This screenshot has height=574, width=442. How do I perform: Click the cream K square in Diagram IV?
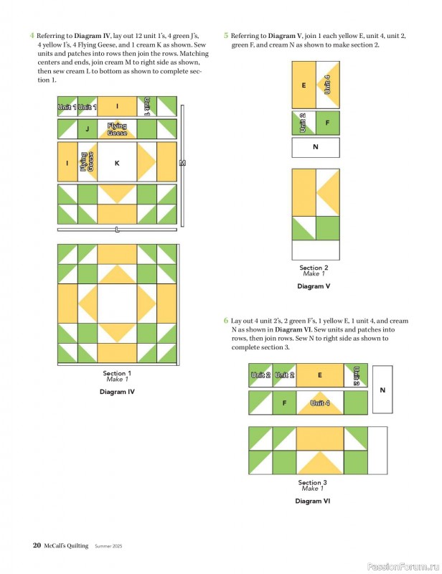pos(117,161)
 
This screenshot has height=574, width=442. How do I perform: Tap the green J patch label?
pos(87,129)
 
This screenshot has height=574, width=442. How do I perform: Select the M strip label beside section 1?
pos(182,163)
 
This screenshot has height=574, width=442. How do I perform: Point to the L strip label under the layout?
pos(117,230)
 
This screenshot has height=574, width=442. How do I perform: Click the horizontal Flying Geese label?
pos(117,129)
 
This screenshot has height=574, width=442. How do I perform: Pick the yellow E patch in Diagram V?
pos(304,85)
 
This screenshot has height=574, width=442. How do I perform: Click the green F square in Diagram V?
pos(328,123)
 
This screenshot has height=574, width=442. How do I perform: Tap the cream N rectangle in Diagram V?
pos(316,147)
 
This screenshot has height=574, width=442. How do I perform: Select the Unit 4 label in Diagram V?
pos(327,85)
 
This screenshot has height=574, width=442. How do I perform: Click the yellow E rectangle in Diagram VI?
pos(320,375)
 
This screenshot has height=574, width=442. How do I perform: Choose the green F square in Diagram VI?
pos(284,403)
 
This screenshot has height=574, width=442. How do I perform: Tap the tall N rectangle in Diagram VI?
pos(382,390)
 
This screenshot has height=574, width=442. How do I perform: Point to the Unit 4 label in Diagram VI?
pos(320,403)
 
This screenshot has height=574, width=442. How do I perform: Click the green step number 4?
pos(32,35)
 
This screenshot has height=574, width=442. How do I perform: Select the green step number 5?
pos(226,35)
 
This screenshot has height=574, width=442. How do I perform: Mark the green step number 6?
pos(226,320)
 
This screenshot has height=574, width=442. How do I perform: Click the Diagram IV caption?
pos(117,392)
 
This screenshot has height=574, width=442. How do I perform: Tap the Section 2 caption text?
pos(314,268)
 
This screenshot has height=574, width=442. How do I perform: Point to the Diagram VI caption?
pos(313,501)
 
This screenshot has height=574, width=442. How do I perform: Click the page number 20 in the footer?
pos(37,545)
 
